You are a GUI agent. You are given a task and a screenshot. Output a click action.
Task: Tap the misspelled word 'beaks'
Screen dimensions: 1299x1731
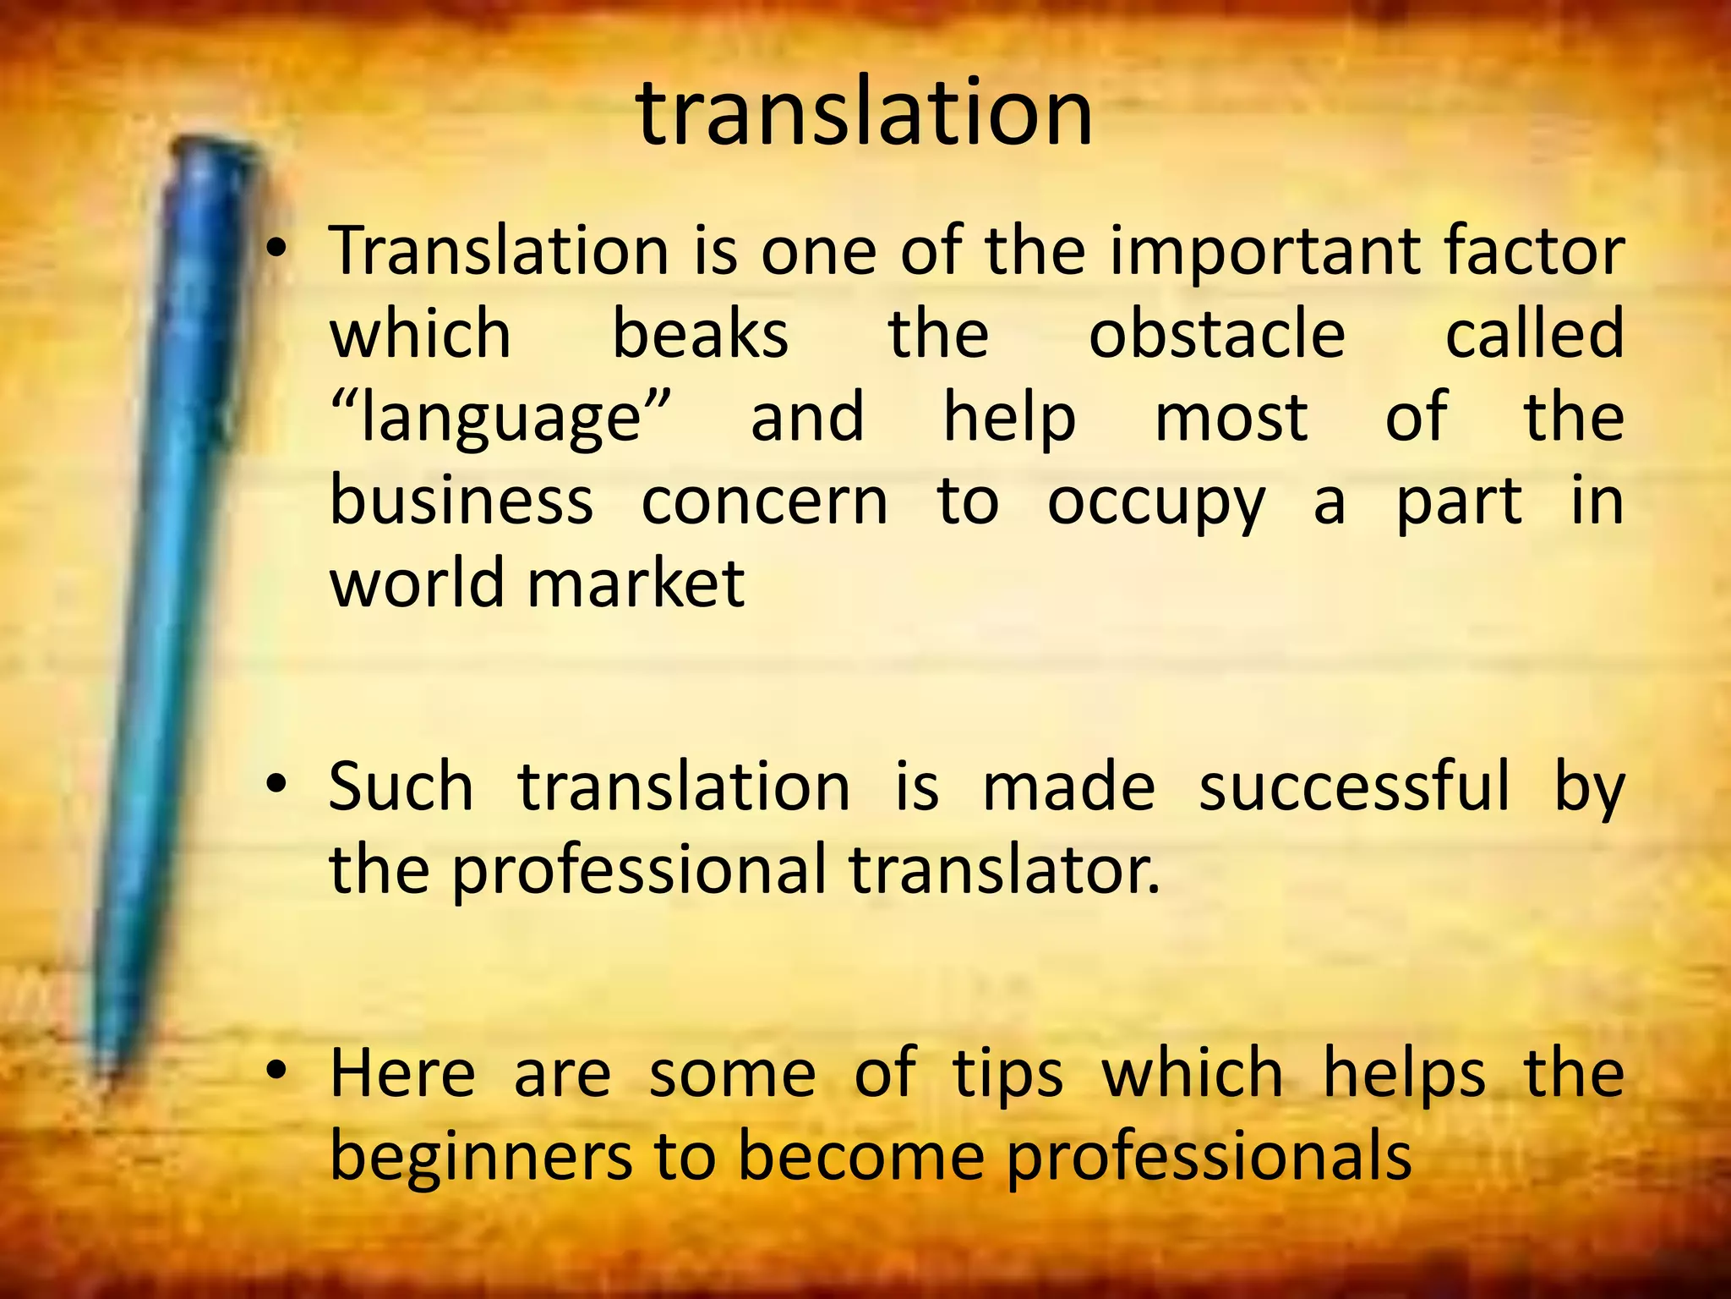[700, 334]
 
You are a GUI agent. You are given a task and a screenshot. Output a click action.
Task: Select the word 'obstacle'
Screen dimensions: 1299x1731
[1216, 334]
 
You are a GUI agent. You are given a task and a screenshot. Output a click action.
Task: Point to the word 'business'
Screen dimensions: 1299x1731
[461, 501]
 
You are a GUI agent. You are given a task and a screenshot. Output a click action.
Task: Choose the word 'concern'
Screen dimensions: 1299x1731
[765, 501]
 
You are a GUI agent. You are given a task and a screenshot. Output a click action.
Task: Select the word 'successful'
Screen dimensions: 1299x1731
[1354, 787]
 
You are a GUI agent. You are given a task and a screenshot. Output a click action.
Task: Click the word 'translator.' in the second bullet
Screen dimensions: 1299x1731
[1004, 870]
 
